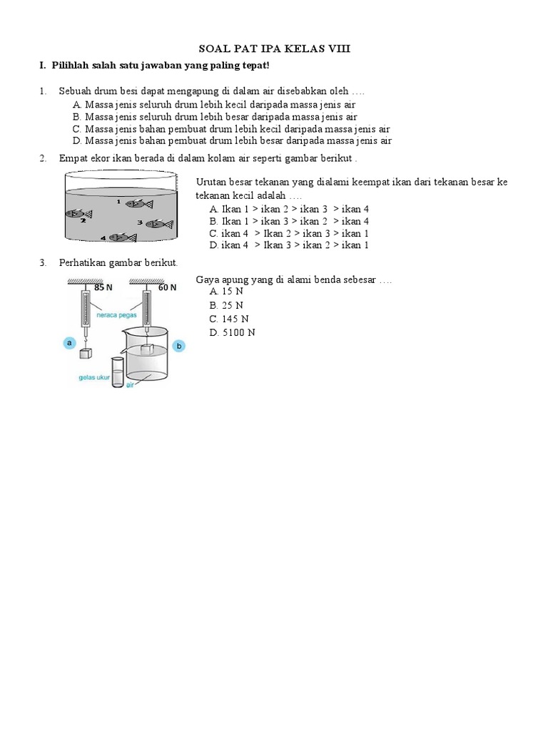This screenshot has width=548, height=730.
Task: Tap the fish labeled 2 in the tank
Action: point(78,213)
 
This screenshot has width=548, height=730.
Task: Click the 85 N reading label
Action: point(103,288)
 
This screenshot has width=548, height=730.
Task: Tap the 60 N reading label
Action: point(168,288)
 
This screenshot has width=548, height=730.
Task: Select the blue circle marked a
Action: point(69,343)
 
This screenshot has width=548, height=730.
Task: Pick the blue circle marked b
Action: point(179,346)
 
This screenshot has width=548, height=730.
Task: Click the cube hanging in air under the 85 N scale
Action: point(86,353)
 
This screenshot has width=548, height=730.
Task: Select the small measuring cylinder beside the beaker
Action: point(117,370)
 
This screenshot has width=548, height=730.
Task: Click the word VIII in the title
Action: point(338,48)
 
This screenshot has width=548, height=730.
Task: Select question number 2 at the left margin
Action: point(43,158)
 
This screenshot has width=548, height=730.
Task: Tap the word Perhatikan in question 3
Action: point(83,263)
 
